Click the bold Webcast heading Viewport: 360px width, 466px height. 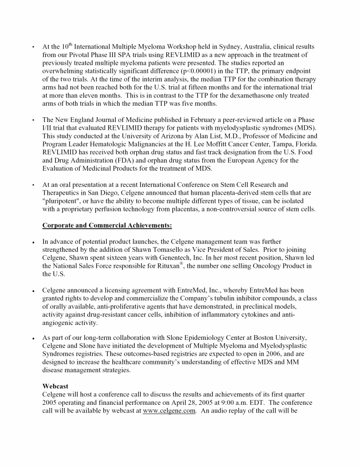pos(56,386)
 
